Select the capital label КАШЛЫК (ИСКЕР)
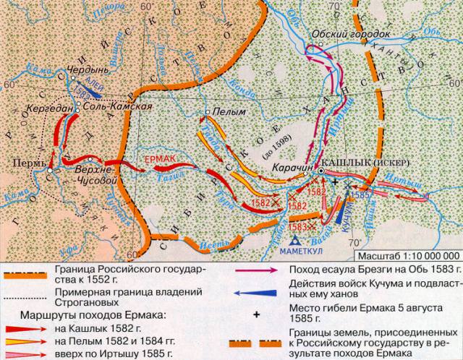[x=358, y=163]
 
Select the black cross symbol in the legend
[x=256, y=314]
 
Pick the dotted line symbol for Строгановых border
[x=27, y=290]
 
